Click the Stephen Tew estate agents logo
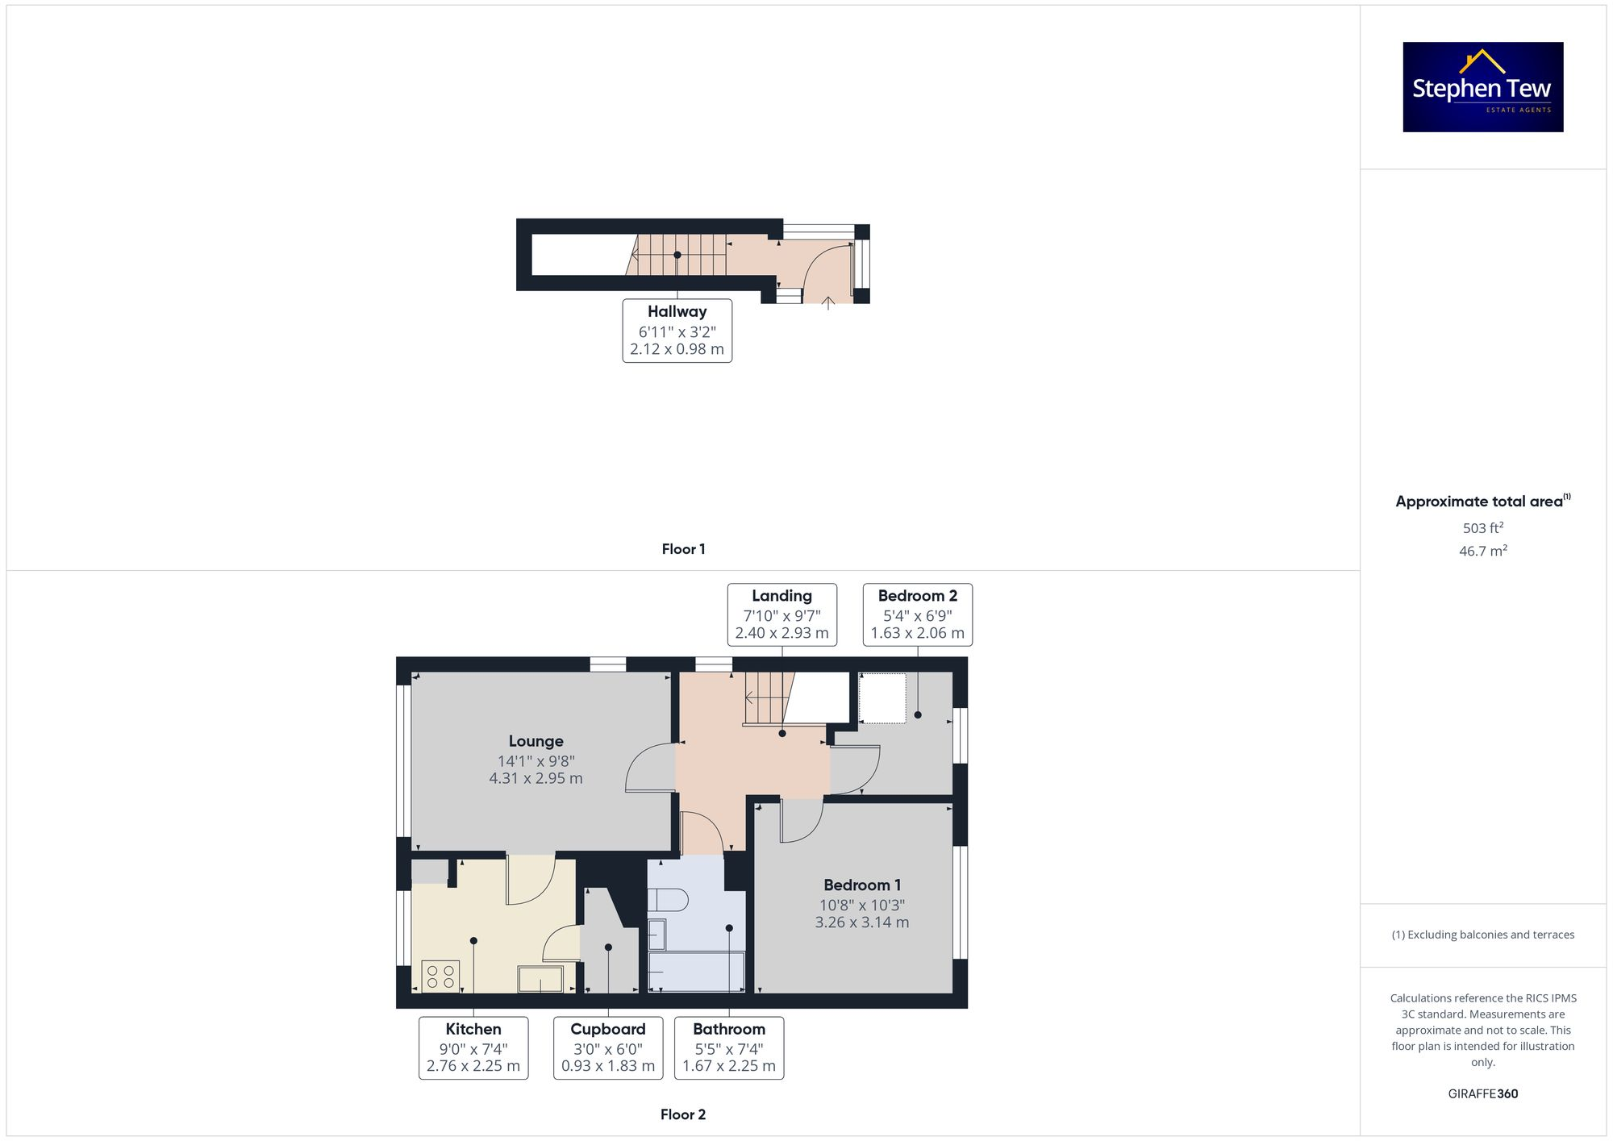click(x=1482, y=87)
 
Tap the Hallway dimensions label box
click(x=677, y=331)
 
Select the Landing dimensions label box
click(x=781, y=615)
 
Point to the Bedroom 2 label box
click(x=917, y=615)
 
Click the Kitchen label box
click(x=473, y=1047)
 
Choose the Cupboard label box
click(x=608, y=1047)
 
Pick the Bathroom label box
click(x=729, y=1047)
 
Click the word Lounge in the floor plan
click(x=536, y=741)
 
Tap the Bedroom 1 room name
click(x=862, y=885)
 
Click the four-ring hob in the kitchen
click(x=440, y=977)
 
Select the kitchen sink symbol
click(x=540, y=979)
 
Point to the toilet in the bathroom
click(x=668, y=900)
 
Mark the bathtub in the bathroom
click(x=696, y=972)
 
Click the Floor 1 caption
click(x=683, y=549)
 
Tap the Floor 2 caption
click(x=683, y=1114)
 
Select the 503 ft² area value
click(x=1482, y=528)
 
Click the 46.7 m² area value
click(x=1482, y=552)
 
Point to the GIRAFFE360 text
click(x=1482, y=1094)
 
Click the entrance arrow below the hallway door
click(x=828, y=302)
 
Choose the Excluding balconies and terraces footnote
click(x=1482, y=935)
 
